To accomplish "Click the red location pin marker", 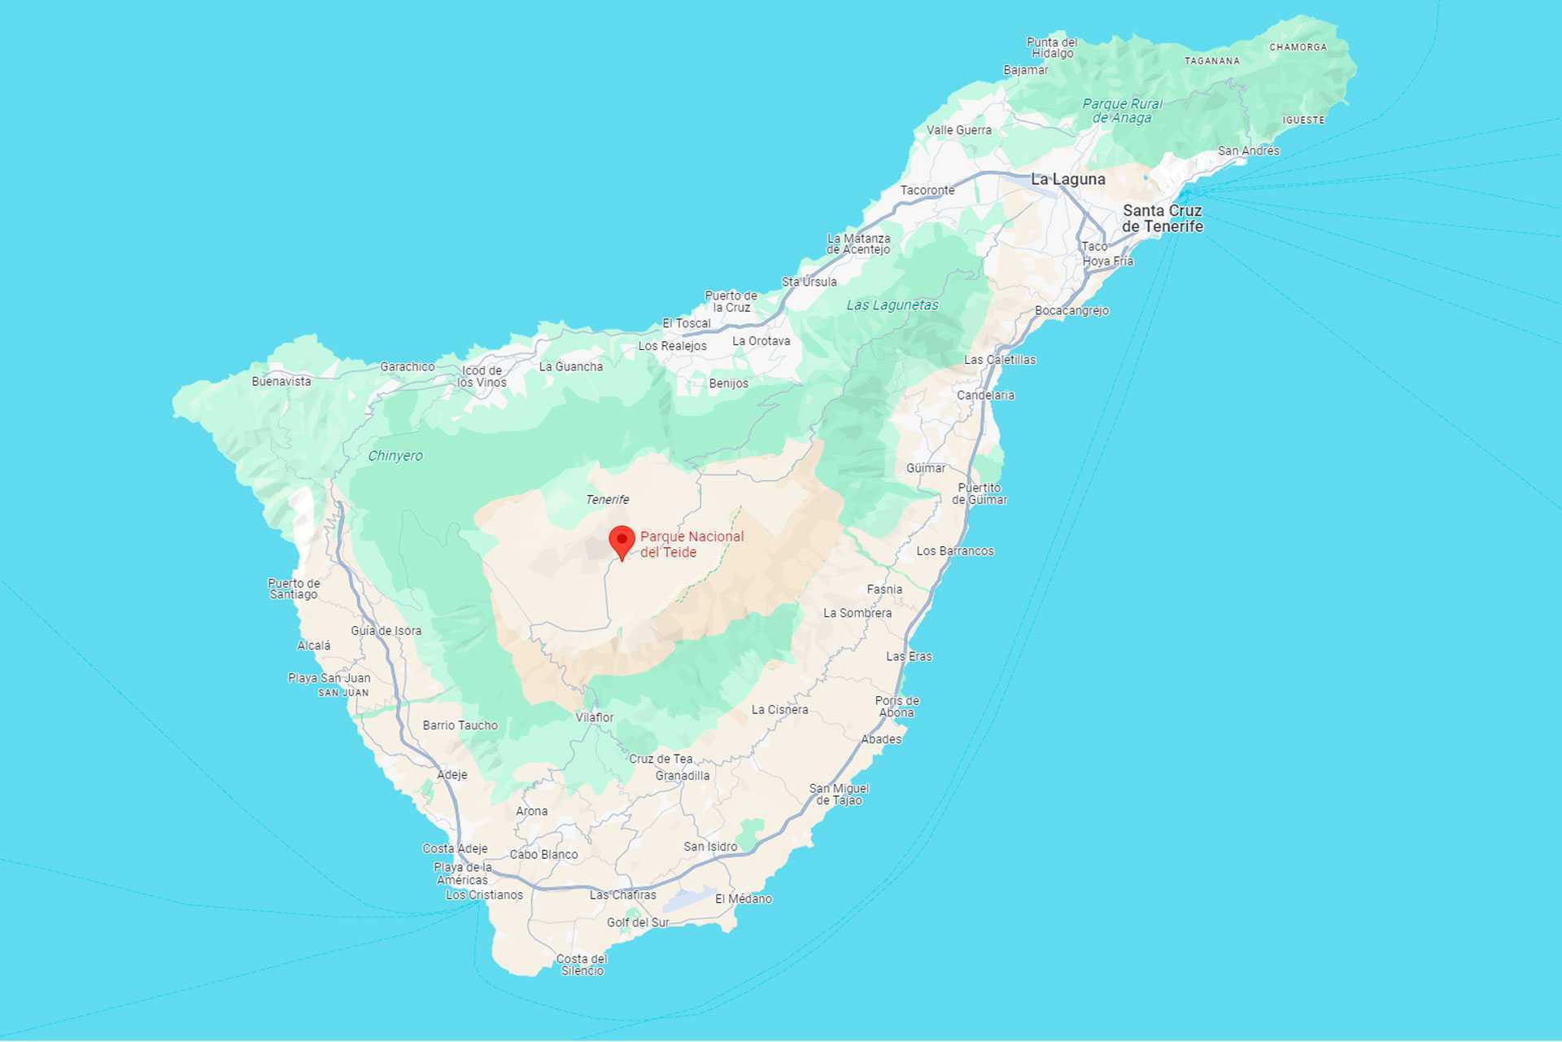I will tap(622, 541).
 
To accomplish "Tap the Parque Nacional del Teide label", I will tap(692, 544).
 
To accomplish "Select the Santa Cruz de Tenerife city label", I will tap(1162, 218).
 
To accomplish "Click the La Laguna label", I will tap(1067, 179).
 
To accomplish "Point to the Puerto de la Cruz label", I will tap(731, 301).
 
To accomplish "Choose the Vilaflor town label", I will tap(595, 717).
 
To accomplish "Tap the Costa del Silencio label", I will tap(582, 965).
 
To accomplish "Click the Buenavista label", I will tap(281, 381).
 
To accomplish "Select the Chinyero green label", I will tap(395, 456).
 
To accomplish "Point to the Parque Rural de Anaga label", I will tap(1122, 111).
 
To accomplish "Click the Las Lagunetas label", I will tap(892, 305).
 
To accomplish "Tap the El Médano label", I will tap(744, 899).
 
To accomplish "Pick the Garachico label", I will tap(407, 367).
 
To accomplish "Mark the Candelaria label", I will tap(985, 396).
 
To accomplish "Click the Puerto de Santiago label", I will tap(294, 589).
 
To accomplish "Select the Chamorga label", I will tap(1298, 47).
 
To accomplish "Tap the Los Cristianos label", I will tap(484, 895).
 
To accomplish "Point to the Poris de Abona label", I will tap(897, 707).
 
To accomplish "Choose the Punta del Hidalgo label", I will tap(1052, 48).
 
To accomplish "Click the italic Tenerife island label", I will tap(607, 500).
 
